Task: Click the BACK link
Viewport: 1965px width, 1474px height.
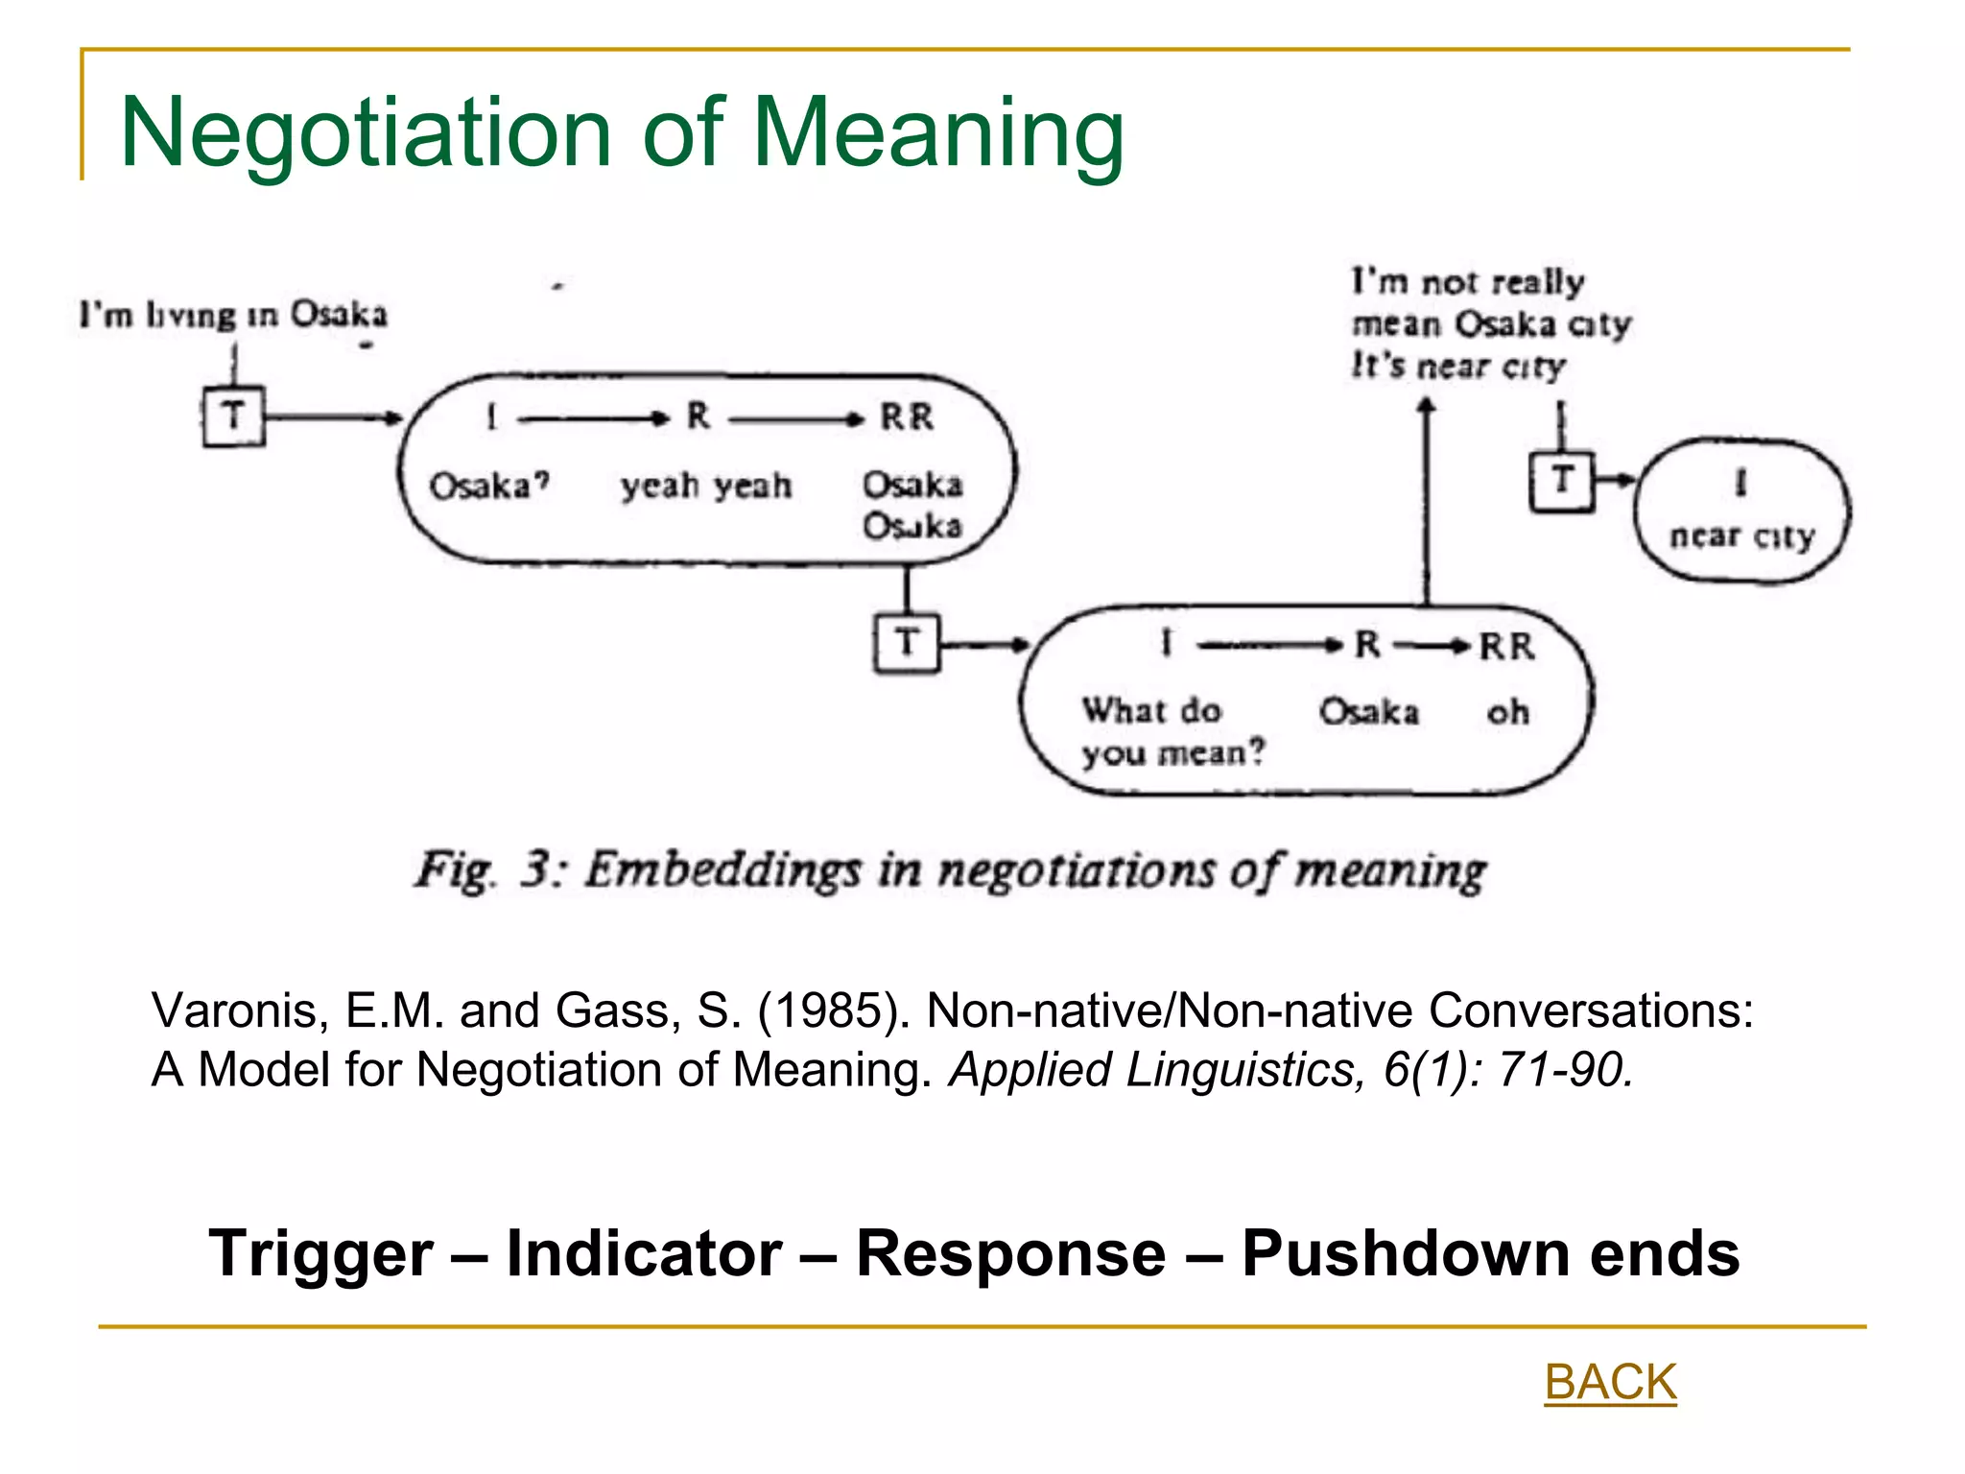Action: tap(1610, 1383)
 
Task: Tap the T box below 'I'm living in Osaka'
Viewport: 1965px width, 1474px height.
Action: tap(233, 416)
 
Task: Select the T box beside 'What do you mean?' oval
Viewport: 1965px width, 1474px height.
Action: tap(907, 643)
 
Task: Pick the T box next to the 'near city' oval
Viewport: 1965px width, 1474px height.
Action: tap(1561, 481)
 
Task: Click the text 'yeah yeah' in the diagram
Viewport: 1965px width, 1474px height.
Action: tap(706, 486)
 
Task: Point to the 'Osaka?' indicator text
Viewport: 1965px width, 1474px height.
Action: tap(488, 486)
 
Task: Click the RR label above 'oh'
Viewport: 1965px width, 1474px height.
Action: tap(1506, 647)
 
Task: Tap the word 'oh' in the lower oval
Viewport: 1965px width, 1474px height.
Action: tap(1507, 712)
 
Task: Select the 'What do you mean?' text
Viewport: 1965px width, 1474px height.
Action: tap(1172, 731)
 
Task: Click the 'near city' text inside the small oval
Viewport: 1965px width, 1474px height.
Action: tap(1742, 535)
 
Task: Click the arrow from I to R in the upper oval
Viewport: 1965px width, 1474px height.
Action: tap(591, 418)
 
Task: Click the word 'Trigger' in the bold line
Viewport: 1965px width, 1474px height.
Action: tap(320, 1253)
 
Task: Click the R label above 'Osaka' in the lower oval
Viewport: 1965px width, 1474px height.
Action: tap(1367, 645)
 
